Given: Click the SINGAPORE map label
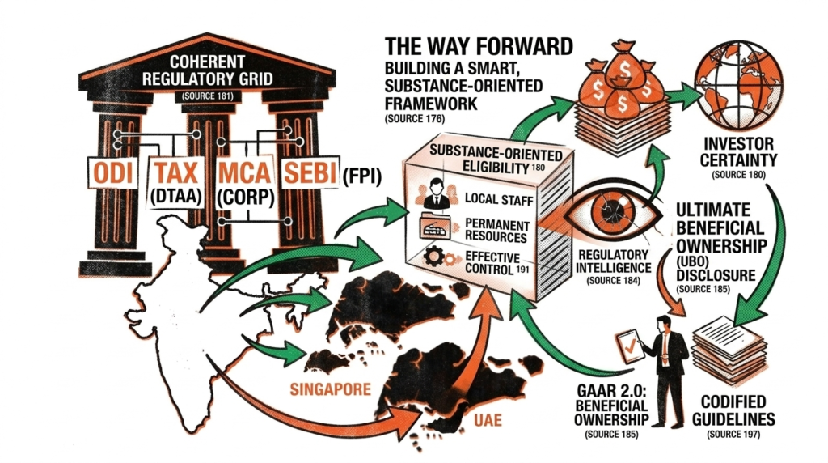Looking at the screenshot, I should point(329,389).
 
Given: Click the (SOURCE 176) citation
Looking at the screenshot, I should point(408,119).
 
